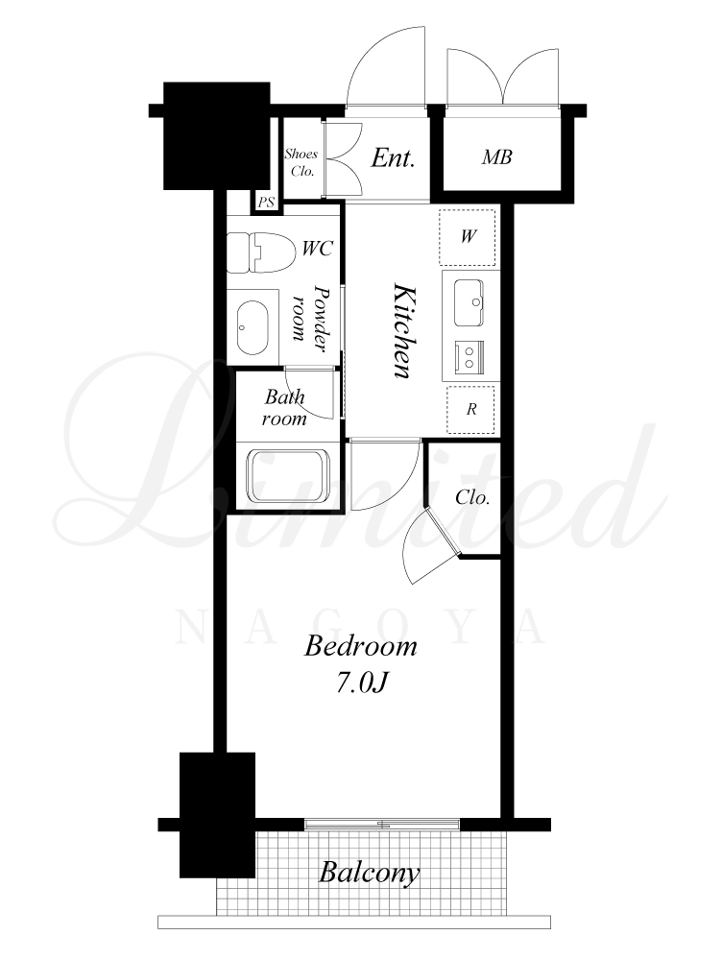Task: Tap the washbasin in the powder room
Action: click(253, 327)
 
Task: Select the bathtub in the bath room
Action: click(288, 477)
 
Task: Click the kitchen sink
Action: click(469, 302)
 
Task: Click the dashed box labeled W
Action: click(469, 237)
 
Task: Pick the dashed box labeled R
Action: click(470, 409)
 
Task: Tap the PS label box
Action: click(266, 203)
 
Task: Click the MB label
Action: click(496, 157)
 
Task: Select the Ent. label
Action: click(393, 157)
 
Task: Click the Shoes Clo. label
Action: click(301, 162)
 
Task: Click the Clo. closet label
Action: click(472, 496)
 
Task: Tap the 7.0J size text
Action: click(362, 683)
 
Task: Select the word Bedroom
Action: click(361, 646)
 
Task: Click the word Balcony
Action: click(370, 873)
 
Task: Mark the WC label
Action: click(318, 249)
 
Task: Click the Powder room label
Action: click(309, 318)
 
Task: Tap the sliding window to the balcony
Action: click(382, 824)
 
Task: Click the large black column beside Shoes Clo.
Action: click(217, 135)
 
